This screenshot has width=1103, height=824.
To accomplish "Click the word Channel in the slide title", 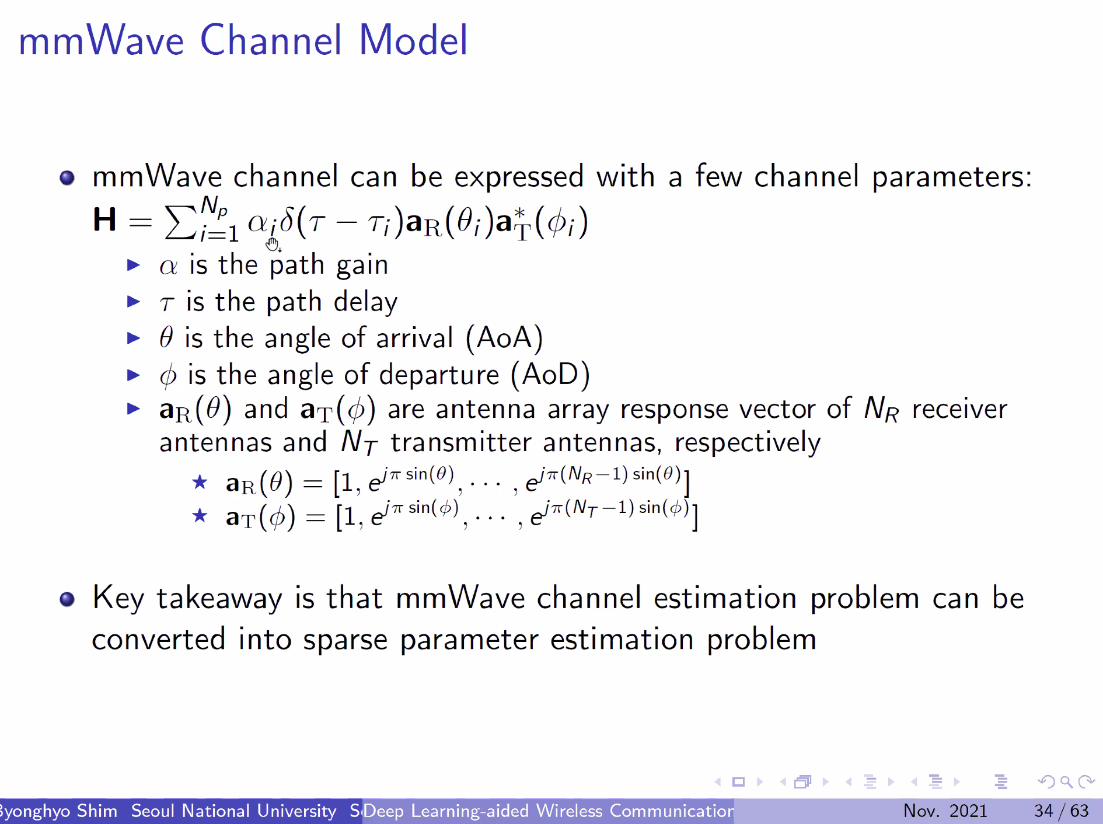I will [271, 41].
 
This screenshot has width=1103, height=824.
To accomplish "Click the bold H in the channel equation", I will [104, 221].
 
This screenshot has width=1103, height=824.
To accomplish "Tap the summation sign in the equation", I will [180, 223].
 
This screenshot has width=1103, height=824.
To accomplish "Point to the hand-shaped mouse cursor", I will [273, 243].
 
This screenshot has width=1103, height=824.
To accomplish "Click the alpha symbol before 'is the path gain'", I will [168, 267].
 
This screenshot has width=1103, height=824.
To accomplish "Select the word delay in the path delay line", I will [365, 302].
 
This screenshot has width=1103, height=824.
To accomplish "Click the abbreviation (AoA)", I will [504, 338].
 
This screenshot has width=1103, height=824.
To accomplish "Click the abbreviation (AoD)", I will [550, 375].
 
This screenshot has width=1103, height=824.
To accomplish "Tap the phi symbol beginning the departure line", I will [168, 376].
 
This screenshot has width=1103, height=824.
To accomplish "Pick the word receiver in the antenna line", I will [959, 409].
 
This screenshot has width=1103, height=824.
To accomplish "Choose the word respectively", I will [748, 443].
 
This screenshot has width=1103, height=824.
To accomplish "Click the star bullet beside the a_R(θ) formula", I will [200, 482].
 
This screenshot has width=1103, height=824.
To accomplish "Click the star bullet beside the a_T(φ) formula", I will [200, 515].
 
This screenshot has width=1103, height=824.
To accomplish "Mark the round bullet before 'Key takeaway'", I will [67, 599].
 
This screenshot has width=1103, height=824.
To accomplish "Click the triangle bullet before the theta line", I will [134, 338].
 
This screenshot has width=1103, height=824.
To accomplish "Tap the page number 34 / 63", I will [1061, 811].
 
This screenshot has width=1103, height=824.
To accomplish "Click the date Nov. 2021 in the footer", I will [945, 811].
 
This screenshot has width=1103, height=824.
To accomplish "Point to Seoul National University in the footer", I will [233, 811].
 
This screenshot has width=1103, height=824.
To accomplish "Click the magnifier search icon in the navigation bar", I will [1066, 781].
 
